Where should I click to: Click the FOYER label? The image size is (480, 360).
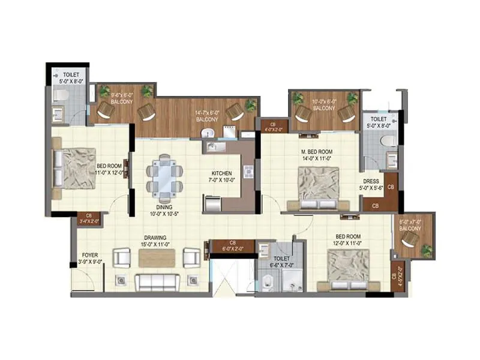[90, 257]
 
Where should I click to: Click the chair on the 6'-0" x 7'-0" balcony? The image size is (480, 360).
[410, 239]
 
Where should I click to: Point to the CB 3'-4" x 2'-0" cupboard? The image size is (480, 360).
[89, 218]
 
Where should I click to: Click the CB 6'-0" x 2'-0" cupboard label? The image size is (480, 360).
[232, 245]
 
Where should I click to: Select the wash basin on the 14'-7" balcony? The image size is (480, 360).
[208, 133]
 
